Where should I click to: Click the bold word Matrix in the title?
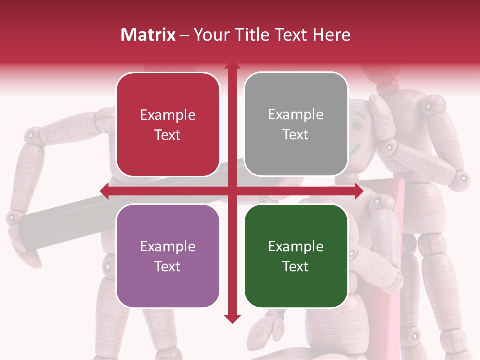(x=148, y=35)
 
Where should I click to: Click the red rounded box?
(x=168, y=125)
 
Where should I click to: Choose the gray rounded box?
(x=296, y=124)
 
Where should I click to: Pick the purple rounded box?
(x=168, y=256)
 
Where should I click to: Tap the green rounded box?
(x=296, y=256)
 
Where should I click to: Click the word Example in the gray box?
(x=296, y=115)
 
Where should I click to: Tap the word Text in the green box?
(x=296, y=267)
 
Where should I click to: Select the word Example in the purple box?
(x=168, y=247)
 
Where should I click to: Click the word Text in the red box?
(x=168, y=135)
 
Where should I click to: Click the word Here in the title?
(x=332, y=35)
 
